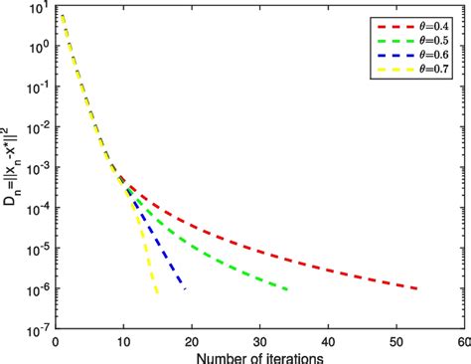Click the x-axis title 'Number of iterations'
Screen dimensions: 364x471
click(x=257, y=354)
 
